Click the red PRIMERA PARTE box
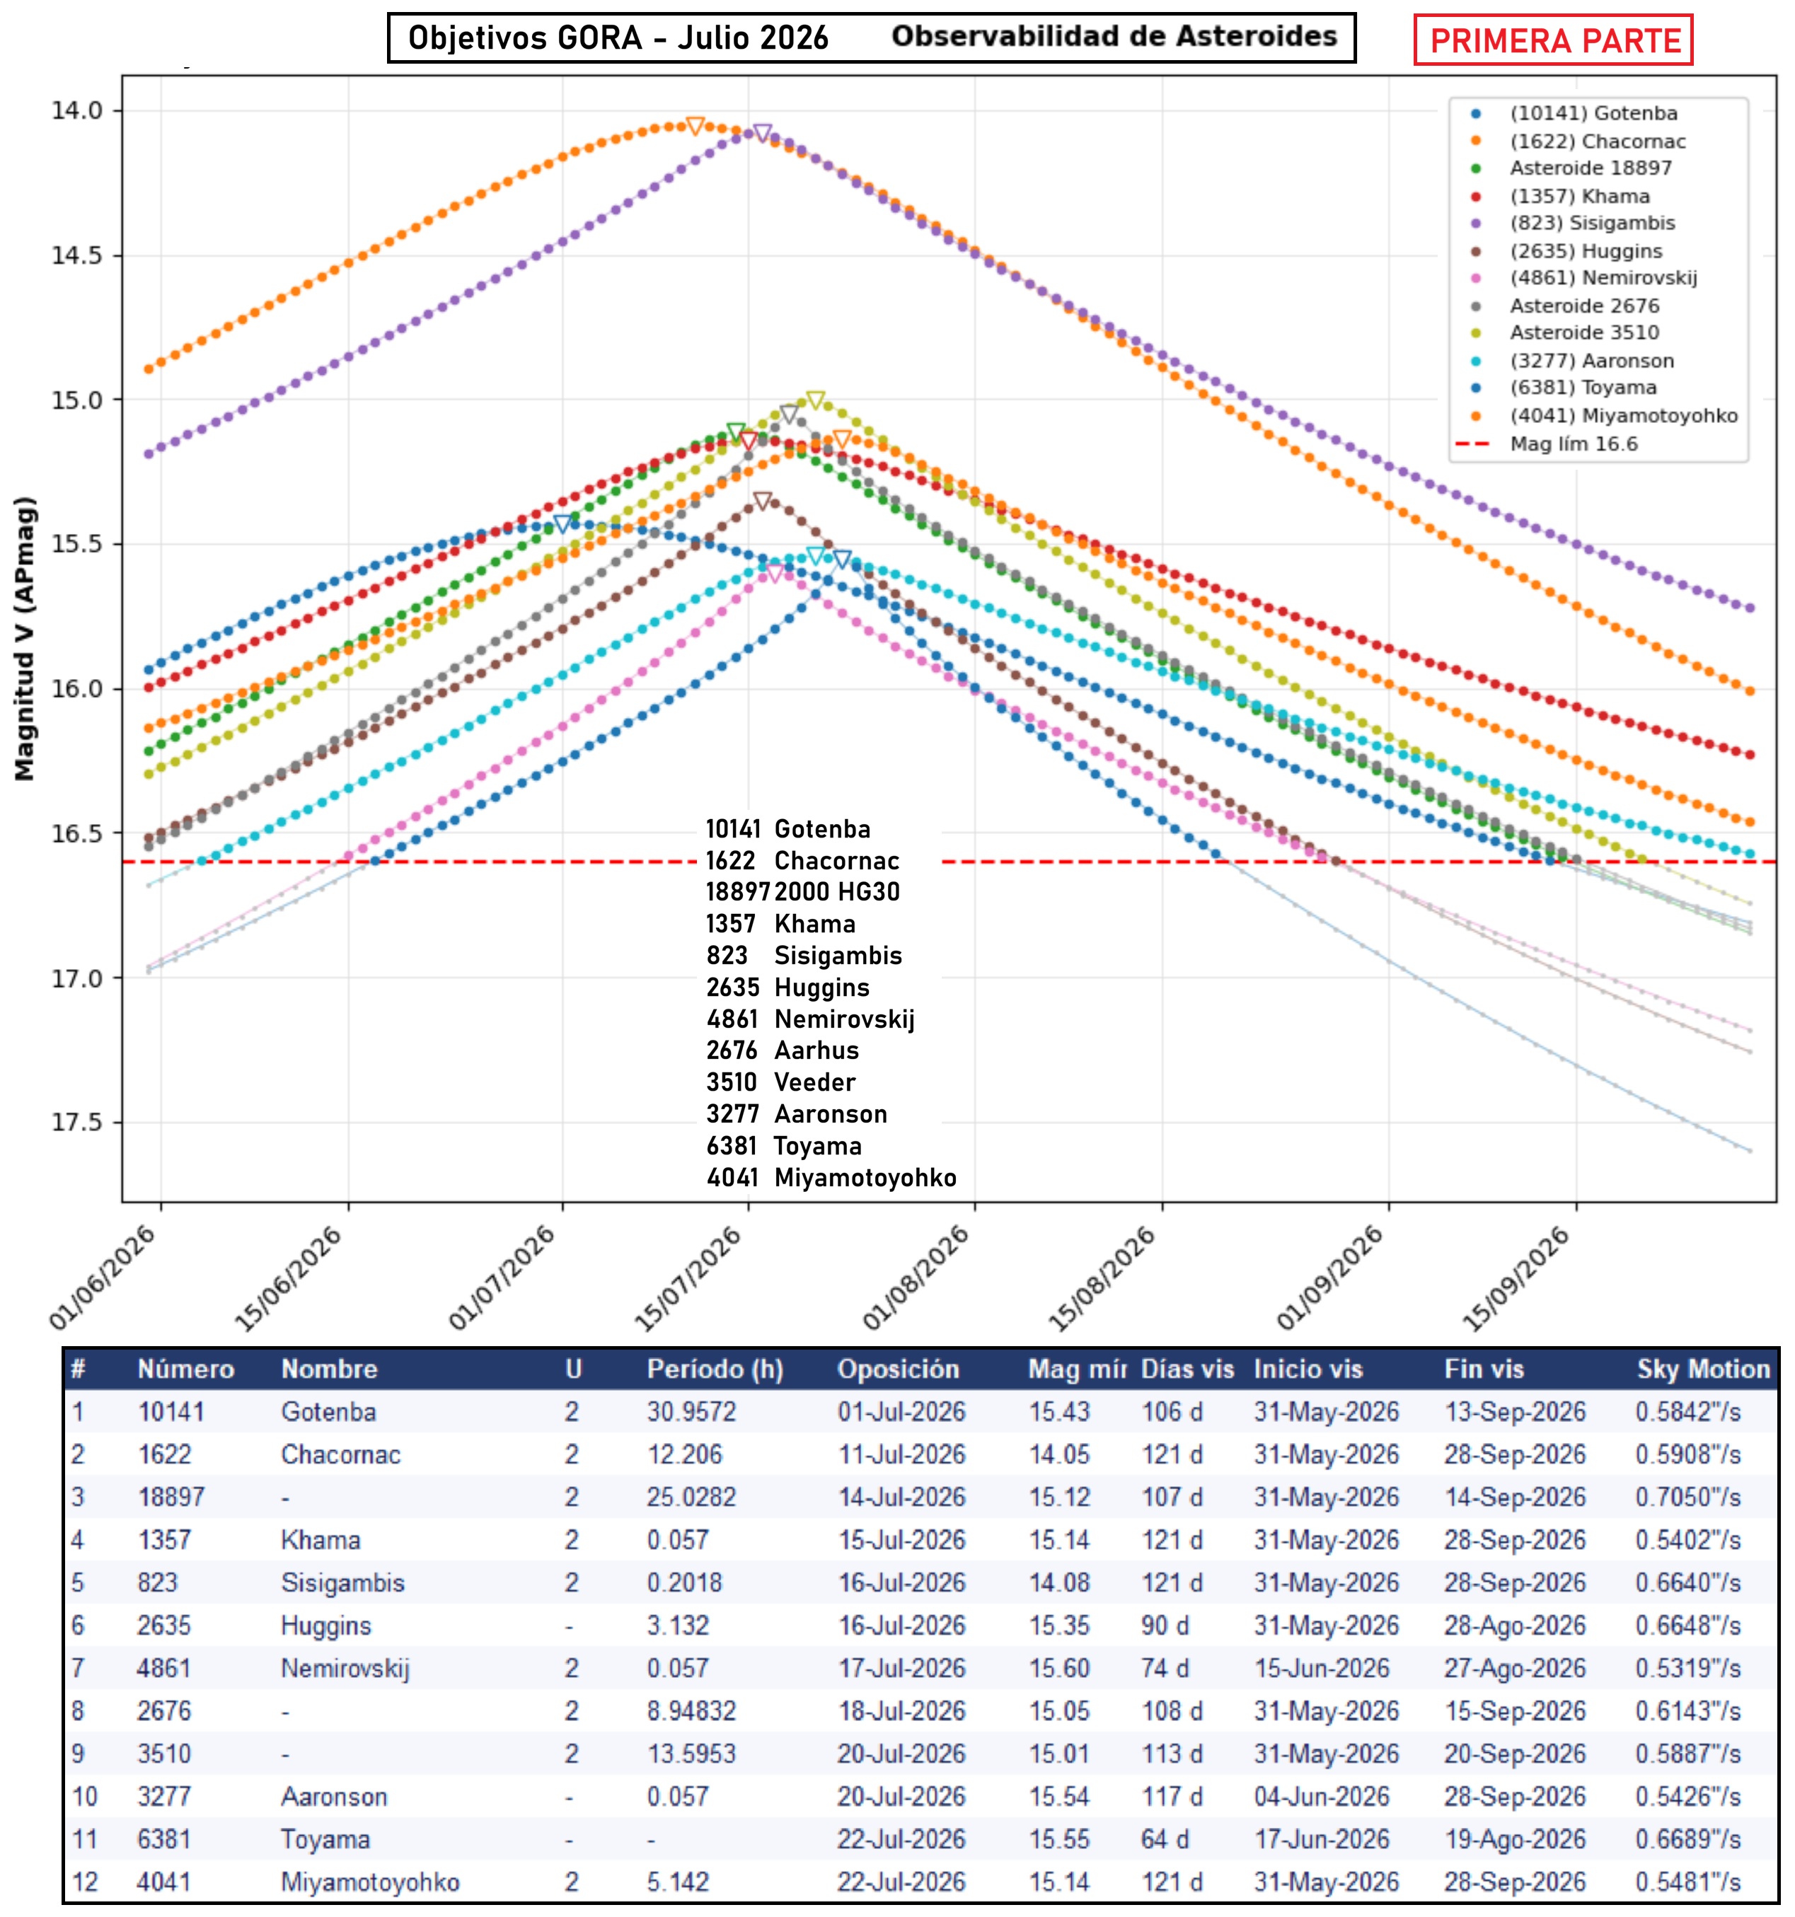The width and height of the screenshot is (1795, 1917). point(1553,40)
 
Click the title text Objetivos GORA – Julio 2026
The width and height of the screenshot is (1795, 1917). point(618,37)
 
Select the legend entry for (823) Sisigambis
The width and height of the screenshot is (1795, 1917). point(1591,223)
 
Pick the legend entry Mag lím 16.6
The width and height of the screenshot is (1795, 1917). point(1573,444)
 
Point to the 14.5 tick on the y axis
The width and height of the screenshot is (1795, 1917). point(76,255)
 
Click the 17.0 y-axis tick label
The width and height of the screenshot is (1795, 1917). point(76,978)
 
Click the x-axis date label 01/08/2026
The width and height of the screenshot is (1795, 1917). point(916,1278)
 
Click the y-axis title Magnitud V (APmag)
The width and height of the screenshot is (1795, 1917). point(24,638)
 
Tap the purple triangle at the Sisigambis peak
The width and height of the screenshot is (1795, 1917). point(762,133)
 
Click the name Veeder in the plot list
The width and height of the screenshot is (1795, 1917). point(814,1082)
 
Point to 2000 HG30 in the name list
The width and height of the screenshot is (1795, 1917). point(836,891)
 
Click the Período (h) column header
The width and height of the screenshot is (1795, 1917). point(715,1369)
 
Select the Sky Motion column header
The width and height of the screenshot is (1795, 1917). point(1703,1369)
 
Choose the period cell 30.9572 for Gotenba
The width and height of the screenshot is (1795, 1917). point(691,1412)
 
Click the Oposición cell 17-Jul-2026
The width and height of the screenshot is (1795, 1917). point(901,1668)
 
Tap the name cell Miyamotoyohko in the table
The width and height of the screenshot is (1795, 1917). point(369,1882)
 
